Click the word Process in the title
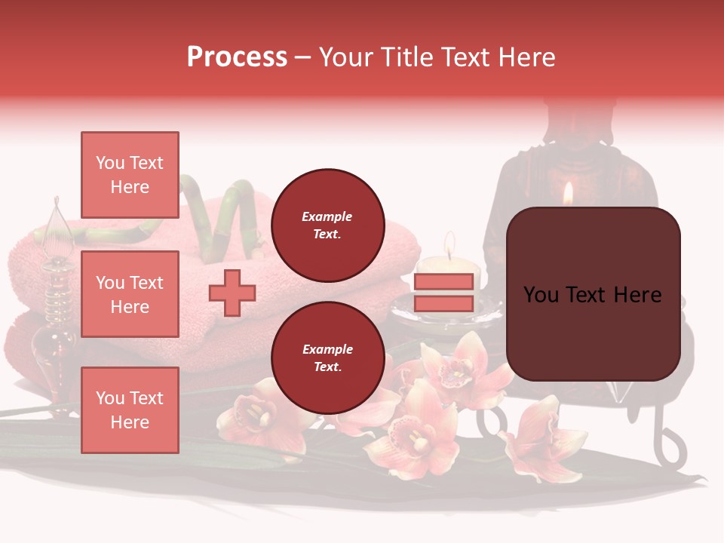(x=237, y=57)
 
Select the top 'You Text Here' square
(x=130, y=175)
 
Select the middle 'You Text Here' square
(x=130, y=294)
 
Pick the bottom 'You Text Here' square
(x=130, y=410)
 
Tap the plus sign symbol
(x=232, y=293)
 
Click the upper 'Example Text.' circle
(x=327, y=225)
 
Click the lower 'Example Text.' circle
(x=327, y=357)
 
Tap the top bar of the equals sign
(x=443, y=281)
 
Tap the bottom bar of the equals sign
(x=443, y=303)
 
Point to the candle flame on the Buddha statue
(x=569, y=194)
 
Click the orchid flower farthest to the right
(x=545, y=437)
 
